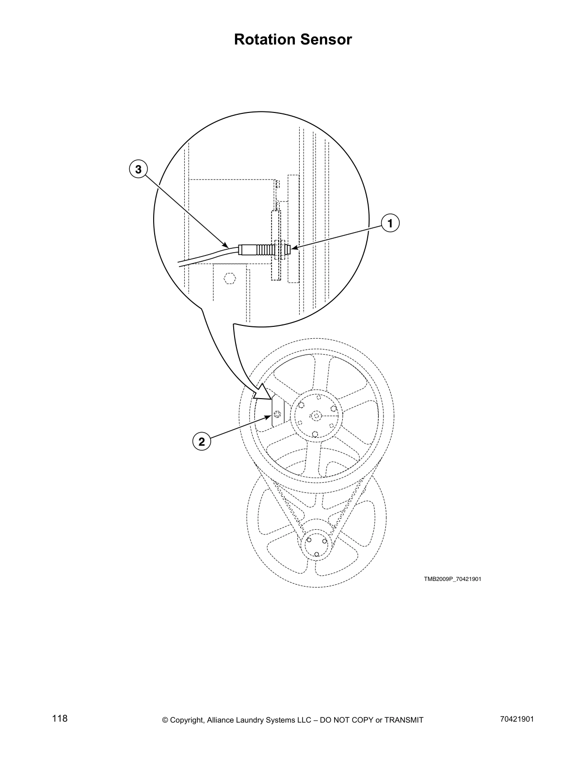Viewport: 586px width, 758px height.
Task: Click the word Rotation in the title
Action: (263, 40)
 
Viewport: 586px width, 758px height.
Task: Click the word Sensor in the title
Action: (328, 40)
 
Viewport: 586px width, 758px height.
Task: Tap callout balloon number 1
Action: (390, 223)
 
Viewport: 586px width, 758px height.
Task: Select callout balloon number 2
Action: (202, 441)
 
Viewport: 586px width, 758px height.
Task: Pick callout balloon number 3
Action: (138, 169)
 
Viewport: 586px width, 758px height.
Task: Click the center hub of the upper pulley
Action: (316, 416)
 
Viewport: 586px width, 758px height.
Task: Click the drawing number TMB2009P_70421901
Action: (452, 579)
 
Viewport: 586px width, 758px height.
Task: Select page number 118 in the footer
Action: (60, 719)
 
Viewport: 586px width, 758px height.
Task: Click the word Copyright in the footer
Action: (187, 720)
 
